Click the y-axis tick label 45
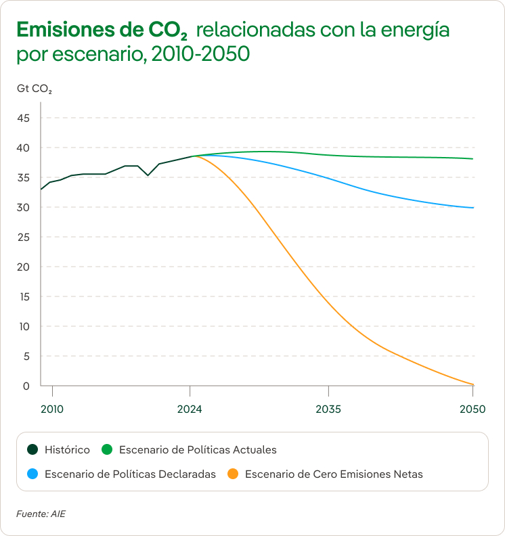(x=24, y=118)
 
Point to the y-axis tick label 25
(x=24, y=238)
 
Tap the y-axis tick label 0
(x=27, y=386)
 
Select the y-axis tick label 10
(x=24, y=327)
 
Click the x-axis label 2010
(x=52, y=409)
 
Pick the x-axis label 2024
(x=190, y=409)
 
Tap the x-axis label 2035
(x=328, y=409)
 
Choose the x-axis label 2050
(x=473, y=409)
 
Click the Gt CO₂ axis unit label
(x=35, y=89)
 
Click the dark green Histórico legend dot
(x=32, y=449)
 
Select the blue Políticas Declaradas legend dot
(x=32, y=474)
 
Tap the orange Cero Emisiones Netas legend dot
(x=232, y=474)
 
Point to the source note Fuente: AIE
(x=41, y=514)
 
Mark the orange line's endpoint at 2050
(x=473, y=384)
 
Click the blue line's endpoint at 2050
(x=473, y=208)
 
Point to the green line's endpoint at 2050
(x=473, y=159)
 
